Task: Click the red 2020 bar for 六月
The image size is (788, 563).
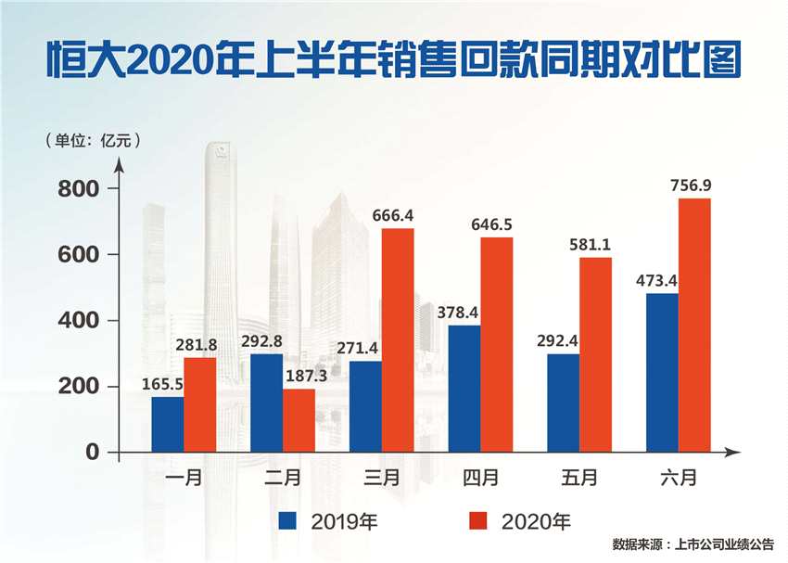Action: click(694, 325)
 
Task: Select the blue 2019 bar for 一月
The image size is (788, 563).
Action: click(168, 424)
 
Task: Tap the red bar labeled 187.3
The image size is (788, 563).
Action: click(299, 420)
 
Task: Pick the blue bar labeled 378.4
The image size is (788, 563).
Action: click(464, 388)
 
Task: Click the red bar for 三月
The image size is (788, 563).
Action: click(398, 339)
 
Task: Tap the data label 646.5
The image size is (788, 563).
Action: click(497, 224)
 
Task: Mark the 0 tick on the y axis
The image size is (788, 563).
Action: click(91, 453)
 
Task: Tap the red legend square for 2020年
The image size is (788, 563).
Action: click(477, 519)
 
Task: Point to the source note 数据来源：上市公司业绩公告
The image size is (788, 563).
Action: click(693, 544)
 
